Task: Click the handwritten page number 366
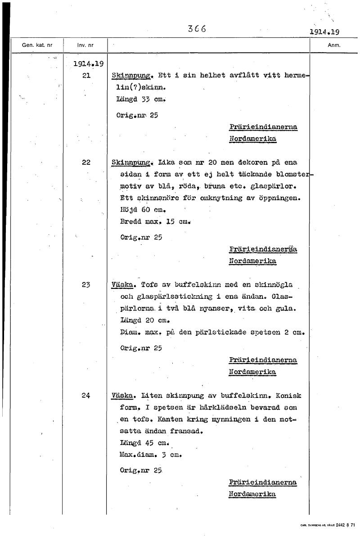(x=197, y=29)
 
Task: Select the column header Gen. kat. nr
(x=37, y=45)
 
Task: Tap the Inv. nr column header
(x=85, y=45)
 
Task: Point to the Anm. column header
(x=334, y=45)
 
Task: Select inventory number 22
(x=86, y=162)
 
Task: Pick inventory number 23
(x=86, y=284)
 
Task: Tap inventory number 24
(x=86, y=396)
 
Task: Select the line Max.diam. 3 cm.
(x=151, y=455)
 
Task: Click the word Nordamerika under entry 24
(x=252, y=494)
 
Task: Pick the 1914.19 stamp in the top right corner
(x=324, y=32)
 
